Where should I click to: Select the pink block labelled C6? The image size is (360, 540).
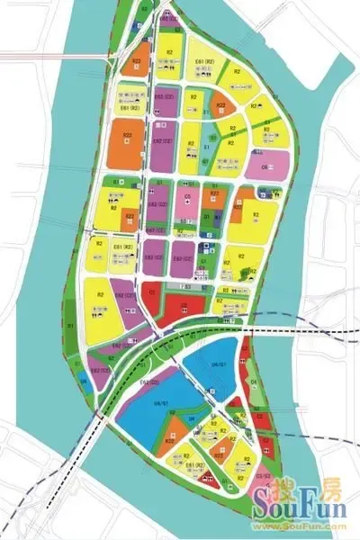tap(267, 167)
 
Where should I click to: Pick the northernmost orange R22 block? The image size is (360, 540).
tap(137, 65)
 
